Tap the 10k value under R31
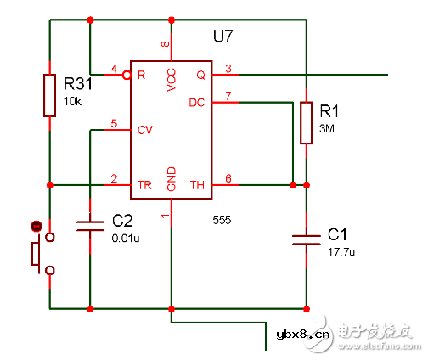coord(74,101)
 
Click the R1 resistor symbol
coord(305,122)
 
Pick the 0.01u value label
coord(126,239)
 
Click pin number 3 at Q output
coord(227,68)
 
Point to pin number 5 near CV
coord(115,124)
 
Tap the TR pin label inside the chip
coord(144,184)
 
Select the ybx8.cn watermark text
coord(303,334)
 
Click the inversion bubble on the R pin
coord(126,75)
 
